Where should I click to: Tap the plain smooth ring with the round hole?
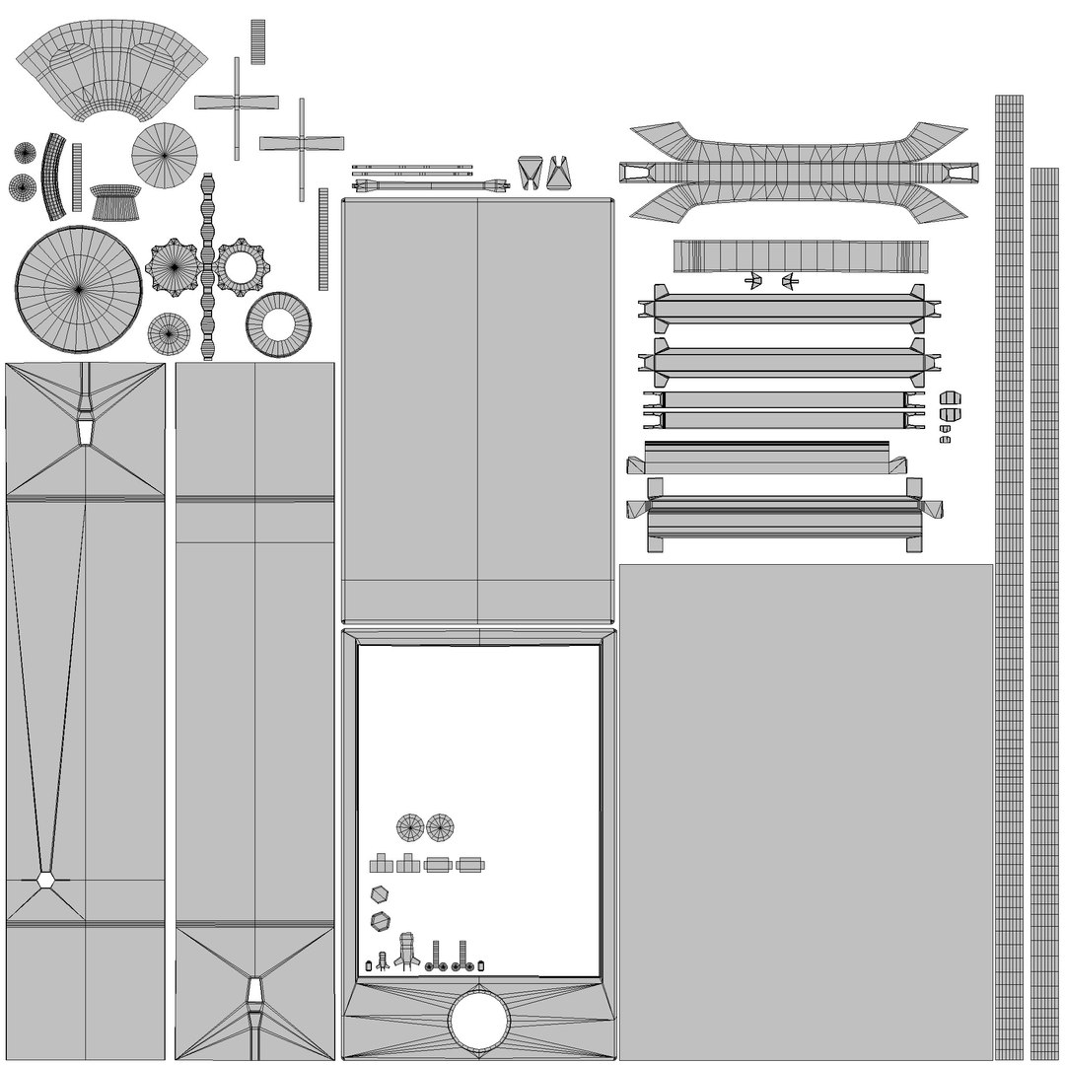(278, 324)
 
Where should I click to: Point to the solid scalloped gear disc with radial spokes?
(174, 266)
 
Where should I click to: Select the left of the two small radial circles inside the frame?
(409, 827)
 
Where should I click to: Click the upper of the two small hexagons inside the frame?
(378, 893)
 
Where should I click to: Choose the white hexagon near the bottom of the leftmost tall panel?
(45, 880)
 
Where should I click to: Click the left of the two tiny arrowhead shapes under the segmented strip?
(752, 282)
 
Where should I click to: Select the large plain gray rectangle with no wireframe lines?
(805, 809)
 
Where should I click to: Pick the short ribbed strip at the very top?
(257, 41)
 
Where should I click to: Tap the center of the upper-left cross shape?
(237, 102)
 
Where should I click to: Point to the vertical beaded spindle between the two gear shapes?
(207, 266)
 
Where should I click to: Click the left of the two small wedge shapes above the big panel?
(529, 172)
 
